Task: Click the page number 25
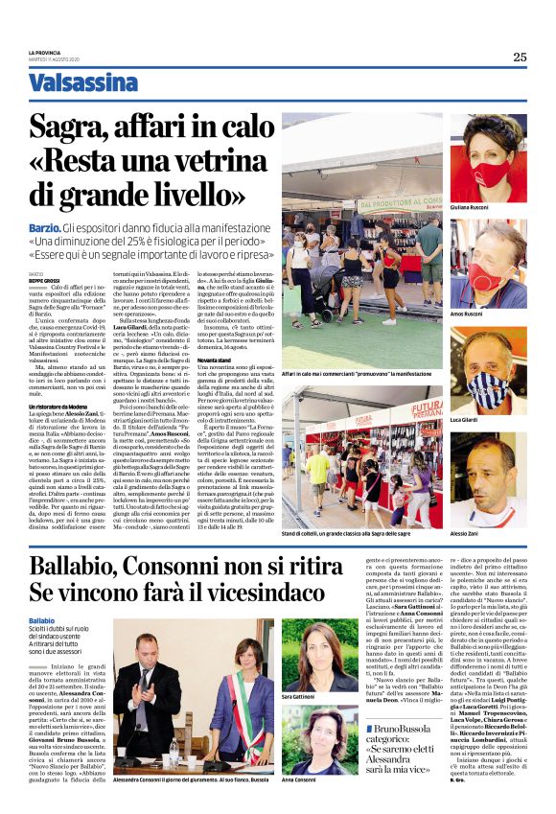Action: click(x=520, y=57)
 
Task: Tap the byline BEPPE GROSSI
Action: click(x=43, y=281)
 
